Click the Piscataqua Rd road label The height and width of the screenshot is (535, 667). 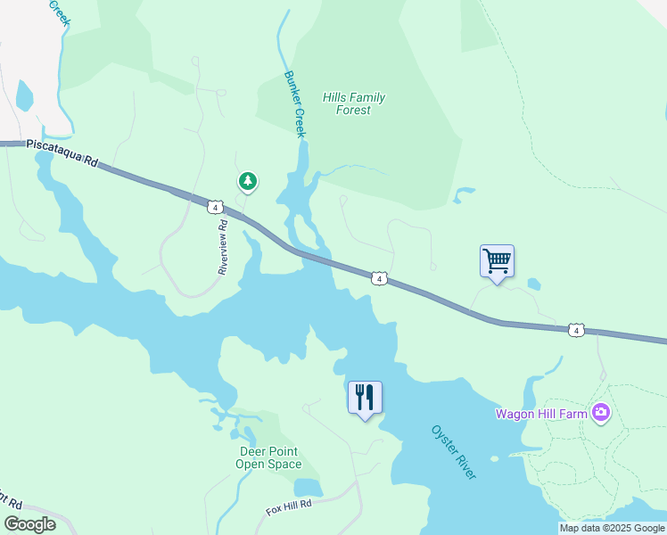[x=60, y=152]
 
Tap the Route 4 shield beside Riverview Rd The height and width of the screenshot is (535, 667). [x=214, y=207]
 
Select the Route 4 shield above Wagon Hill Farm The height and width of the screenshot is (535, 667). [x=576, y=331]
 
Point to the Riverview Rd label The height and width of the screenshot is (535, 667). [x=224, y=246]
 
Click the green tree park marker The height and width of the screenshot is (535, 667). [x=248, y=181]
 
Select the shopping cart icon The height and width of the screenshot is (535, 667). [x=497, y=261]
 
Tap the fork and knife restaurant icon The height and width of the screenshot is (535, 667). [x=365, y=397]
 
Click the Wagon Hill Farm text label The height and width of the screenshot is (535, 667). [x=541, y=413]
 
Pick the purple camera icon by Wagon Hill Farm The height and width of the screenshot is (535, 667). [x=602, y=412]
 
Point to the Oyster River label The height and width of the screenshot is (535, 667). [x=454, y=452]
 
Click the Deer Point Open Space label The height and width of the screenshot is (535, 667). [x=268, y=457]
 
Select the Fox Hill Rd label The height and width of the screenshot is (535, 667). [x=289, y=508]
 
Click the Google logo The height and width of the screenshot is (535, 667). [x=30, y=523]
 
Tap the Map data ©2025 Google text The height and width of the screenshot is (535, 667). [x=612, y=528]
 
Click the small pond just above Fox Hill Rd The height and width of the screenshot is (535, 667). [x=307, y=487]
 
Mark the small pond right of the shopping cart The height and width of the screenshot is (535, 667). [x=534, y=284]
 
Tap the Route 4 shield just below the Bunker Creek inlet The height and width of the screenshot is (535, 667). [x=379, y=279]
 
